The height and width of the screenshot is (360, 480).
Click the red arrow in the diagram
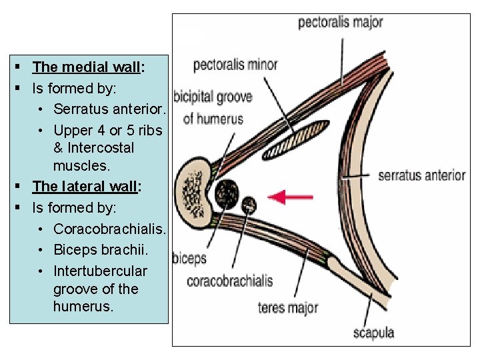click(x=291, y=197)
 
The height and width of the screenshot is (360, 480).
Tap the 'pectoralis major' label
click(x=340, y=22)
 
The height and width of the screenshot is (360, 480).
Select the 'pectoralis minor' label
click(x=235, y=65)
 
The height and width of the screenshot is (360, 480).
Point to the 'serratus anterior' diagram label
click(x=421, y=175)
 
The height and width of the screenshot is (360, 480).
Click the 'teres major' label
click(x=288, y=307)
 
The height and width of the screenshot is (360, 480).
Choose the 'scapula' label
click(x=373, y=332)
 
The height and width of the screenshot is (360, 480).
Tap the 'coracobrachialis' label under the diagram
click(x=229, y=281)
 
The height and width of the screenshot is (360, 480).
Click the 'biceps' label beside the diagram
click(x=189, y=258)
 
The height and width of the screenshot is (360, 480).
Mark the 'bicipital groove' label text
click(x=213, y=97)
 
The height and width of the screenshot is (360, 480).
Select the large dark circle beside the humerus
click(x=226, y=193)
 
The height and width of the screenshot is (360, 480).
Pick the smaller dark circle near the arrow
click(x=249, y=205)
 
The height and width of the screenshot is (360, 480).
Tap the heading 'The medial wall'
click(x=85, y=67)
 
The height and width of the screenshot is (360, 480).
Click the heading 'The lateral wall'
click(x=84, y=187)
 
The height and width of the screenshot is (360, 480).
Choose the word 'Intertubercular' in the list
click(x=100, y=271)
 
